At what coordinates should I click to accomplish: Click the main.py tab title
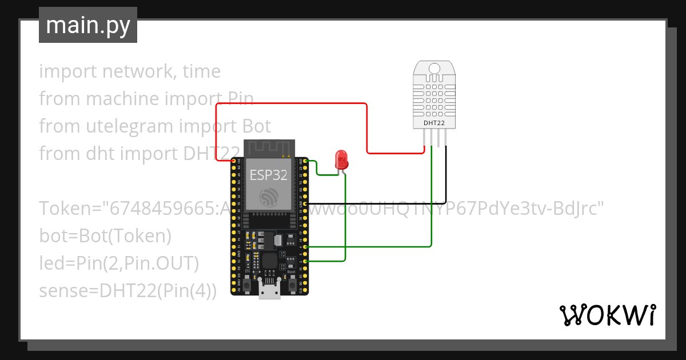pyautogui.click(x=87, y=25)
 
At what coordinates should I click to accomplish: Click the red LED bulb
pyautogui.click(x=341, y=158)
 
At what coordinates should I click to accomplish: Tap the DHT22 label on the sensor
pyautogui.click(x=434, y=122)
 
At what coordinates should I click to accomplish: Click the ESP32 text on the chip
pyautogui.click(x=269, y=174)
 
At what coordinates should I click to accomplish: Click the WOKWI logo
pyautogui.click(x=607, y=315)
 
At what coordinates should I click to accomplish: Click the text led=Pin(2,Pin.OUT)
pyautogui.click(x=118, y=263)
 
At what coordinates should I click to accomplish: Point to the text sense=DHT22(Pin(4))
pyautogui.click(x=127, y=290)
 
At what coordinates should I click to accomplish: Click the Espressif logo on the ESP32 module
pyautogui.click(x=269, y=197)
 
